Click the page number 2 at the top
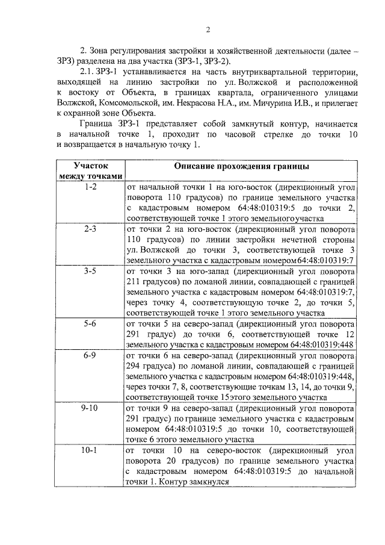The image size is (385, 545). (208, 30)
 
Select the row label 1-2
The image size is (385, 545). (90, 187)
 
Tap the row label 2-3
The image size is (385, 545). (90, 229)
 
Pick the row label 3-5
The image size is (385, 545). (90, 271)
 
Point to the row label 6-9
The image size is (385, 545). (90, 355)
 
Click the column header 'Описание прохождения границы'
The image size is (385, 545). (242, 165)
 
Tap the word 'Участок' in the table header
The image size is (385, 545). (90, 164)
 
